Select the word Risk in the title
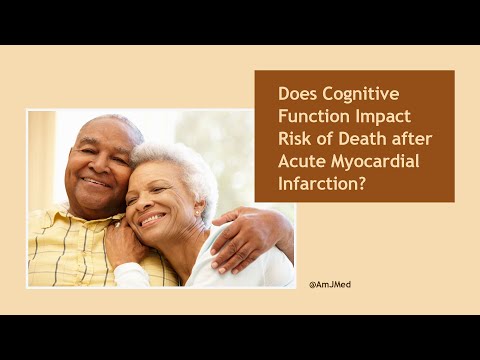click(295, 139)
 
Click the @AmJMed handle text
click(331, 284)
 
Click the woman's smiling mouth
click(153, 218)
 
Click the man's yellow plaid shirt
click(60, 250)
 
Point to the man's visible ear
click(137, 165)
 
